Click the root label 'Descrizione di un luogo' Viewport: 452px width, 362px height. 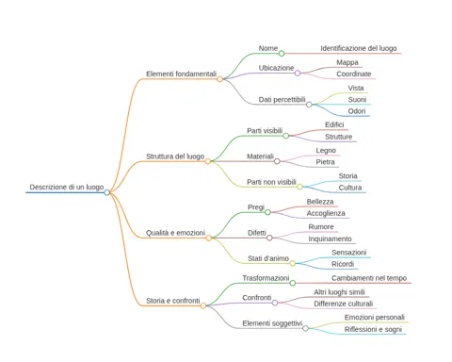coord(67,187)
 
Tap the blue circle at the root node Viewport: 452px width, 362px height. coord(107,192)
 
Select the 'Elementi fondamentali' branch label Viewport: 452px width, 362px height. coord(182,74)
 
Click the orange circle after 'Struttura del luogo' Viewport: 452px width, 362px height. coord(208,161)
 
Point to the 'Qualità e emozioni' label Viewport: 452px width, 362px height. coord(175,233)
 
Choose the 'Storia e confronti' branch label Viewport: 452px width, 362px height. coord(173,301)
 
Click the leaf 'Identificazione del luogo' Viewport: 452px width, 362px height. coord(359,48)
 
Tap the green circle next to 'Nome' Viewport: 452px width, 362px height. coord(282,54)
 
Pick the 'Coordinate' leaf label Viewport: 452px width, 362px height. coord(354,74)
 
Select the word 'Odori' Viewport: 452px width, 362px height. coord(357,111)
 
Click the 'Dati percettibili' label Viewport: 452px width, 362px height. coord(282,100)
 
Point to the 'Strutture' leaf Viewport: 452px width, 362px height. coord(338,137)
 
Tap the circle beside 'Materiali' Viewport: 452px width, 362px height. coord(277,161)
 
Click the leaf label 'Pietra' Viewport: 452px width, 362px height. coord(325,162)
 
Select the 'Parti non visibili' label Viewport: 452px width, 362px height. coord(271,182)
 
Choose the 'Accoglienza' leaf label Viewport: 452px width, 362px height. coord(326,213)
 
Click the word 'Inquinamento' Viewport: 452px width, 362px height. coord(330,239)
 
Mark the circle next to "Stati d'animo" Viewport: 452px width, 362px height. coord(293,263)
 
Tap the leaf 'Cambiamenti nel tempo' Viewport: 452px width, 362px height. coord(369,278)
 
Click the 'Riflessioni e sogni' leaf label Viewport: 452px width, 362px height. coord(373,329)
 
